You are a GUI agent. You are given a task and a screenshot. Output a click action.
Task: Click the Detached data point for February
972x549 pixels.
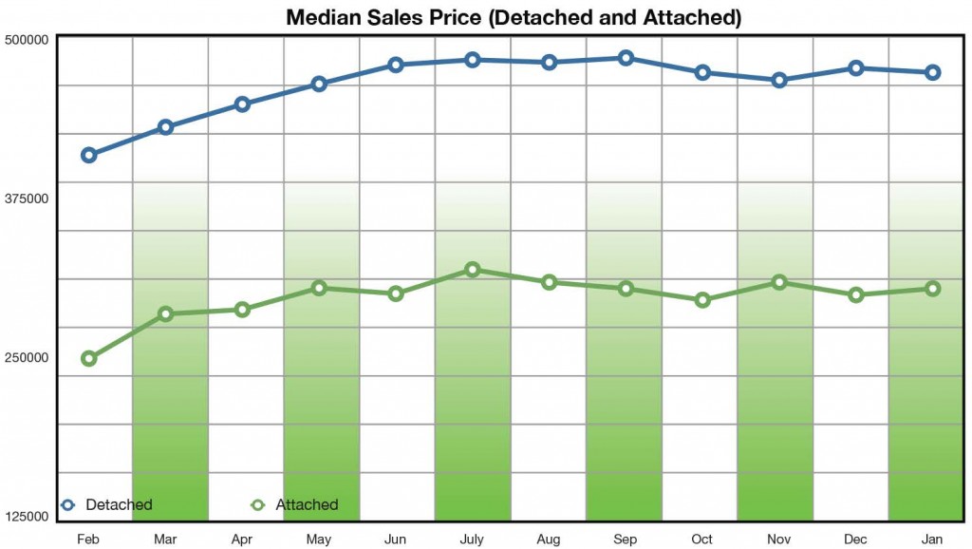pos(88,155)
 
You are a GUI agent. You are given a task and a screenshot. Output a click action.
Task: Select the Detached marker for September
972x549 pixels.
pos(626,58)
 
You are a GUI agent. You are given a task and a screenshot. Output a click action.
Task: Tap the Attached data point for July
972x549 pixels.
pos(473,270)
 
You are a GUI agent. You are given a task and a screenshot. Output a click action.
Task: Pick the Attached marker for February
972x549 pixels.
pos(88,358)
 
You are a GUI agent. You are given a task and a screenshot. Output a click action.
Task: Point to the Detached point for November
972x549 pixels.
pos(779,80)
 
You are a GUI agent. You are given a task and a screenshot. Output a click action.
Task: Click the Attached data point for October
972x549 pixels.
pos(702,300)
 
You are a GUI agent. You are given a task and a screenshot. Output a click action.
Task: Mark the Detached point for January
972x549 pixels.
pos(932,72)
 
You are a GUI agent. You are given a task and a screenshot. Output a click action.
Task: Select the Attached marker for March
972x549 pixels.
pos(165,313)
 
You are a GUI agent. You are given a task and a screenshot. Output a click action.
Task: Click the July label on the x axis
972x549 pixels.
pos(473,539)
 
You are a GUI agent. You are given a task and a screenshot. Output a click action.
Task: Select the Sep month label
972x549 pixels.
pos(626,539)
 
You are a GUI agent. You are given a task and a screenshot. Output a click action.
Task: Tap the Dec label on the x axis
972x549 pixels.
pos(856,539)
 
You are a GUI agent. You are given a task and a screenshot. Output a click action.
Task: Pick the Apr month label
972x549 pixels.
pos(242,539)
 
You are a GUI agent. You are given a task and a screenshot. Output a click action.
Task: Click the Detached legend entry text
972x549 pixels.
pos(119,504)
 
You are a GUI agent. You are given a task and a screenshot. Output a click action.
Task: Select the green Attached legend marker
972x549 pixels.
pos(256,504)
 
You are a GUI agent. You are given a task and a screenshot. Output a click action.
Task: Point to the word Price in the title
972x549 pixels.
pos(456,17)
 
